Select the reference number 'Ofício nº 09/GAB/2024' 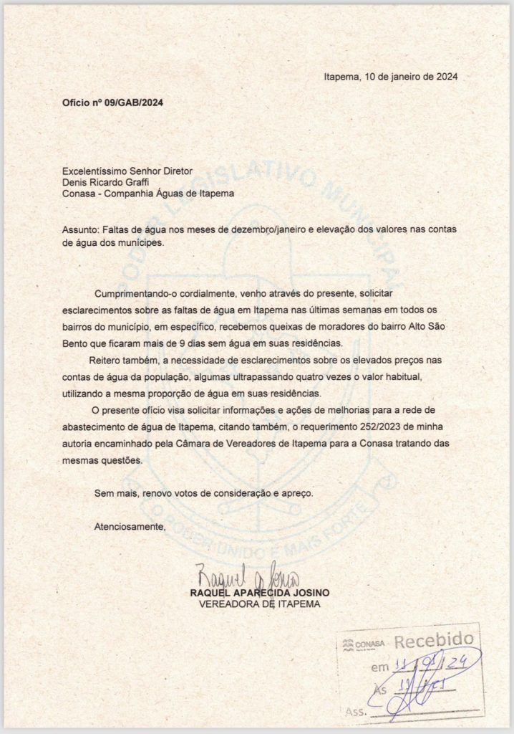pyautogui.click(x=112, y=103)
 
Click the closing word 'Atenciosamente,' pyautogui.click(x=130, y=528)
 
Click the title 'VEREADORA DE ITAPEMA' pyautogui.click(x=259, y=606)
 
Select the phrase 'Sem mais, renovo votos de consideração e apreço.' pyautogui.click(x=204, y=494)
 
